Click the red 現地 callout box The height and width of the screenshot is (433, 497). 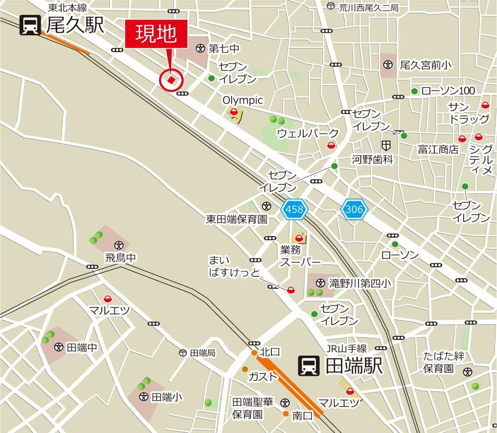pos(156,34)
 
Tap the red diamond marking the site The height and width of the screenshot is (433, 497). pos(171,79)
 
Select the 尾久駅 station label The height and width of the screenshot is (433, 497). pos(75,25)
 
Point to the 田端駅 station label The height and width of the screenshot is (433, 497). pos(354,366)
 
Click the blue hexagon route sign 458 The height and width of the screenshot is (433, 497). pos(295,209)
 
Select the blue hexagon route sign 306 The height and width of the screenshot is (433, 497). pos(354,209)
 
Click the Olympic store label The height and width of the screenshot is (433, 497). pos(243,100)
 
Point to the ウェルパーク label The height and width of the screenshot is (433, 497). pos(308,133)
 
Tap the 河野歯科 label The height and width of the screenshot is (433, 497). pos(372,159)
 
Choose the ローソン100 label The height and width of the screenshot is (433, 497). pos(448,91)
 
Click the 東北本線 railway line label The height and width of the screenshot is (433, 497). pos(68,8)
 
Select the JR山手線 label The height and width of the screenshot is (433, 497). pos(346,348)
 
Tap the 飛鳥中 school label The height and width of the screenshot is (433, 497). pos(120,257)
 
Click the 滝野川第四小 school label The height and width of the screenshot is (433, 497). pos(360,283)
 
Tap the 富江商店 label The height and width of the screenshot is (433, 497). pos(438,149)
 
